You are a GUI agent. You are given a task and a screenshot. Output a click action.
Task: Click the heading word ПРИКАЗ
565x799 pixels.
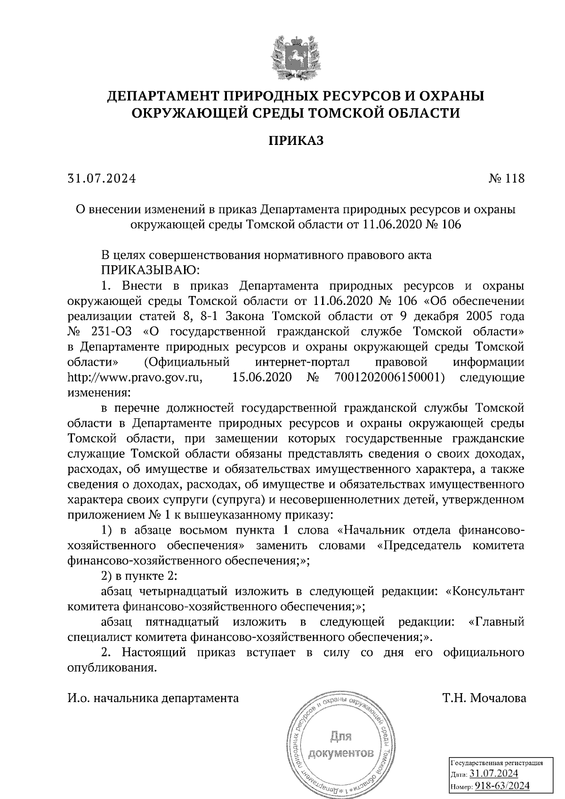[296, 141]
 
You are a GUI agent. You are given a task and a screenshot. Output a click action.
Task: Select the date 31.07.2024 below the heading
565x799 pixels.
[102, 179]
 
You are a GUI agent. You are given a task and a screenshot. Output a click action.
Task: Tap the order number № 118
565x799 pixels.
[506, 179]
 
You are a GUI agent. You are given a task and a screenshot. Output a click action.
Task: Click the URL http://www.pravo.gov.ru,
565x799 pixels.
[135, 377]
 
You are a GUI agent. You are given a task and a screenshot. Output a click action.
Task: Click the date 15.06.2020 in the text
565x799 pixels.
[262, 377]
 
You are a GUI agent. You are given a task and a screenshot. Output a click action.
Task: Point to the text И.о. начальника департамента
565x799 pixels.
[153, 698]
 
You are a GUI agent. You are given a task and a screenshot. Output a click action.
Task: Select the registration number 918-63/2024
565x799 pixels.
[502, 785]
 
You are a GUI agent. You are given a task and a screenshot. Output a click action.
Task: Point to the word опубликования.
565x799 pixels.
[111, 668]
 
